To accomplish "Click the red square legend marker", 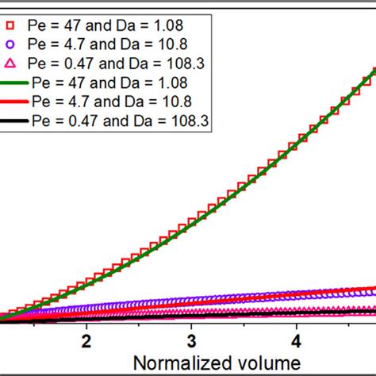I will coord(12,25).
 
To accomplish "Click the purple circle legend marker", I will coord(12,44).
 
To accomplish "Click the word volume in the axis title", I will coord(255,363).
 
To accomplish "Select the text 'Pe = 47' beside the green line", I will coord(56,82).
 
